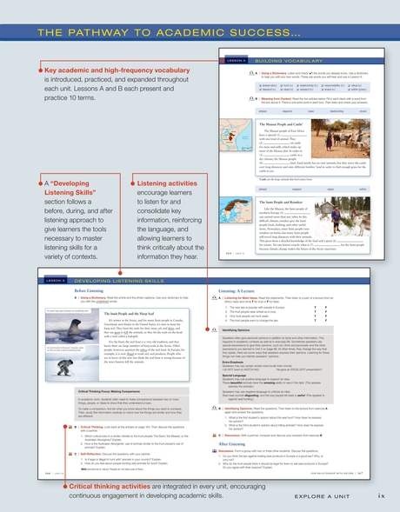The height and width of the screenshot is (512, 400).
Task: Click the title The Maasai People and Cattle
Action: coord(261,124)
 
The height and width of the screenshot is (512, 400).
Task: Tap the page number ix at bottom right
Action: coord(381,495)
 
